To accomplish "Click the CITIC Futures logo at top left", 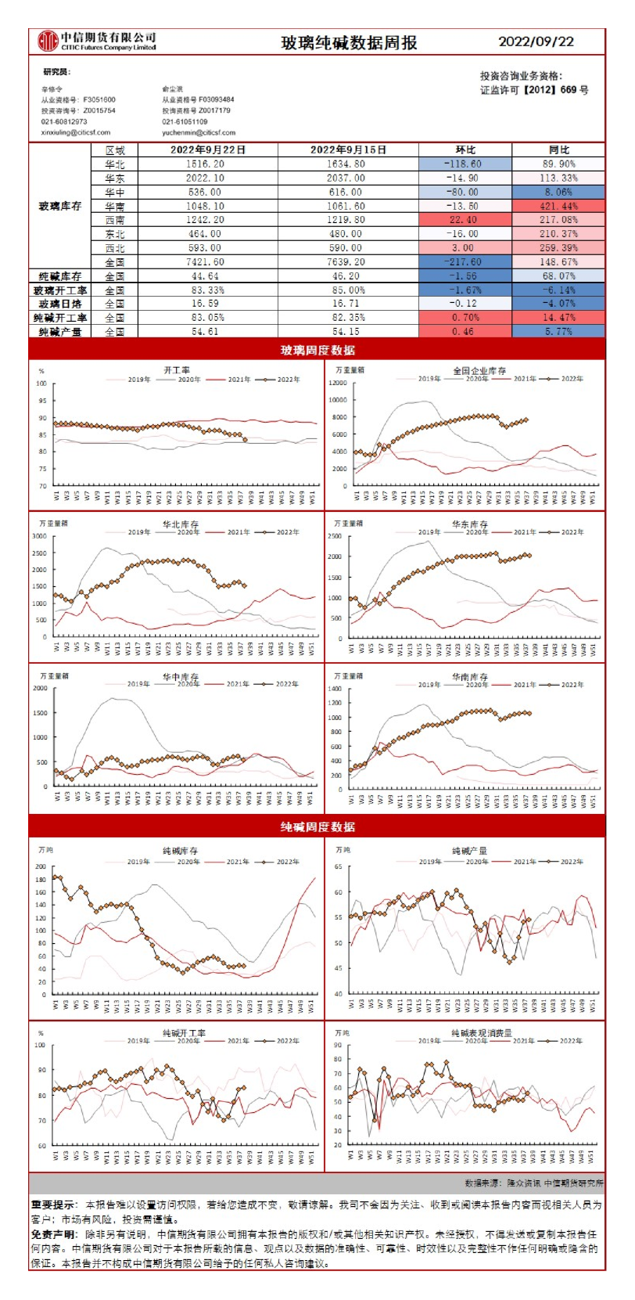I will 48,41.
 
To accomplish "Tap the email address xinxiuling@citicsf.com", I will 76,133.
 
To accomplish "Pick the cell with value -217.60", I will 465,262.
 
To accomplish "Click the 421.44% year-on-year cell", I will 558,206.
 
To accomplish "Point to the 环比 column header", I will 465,149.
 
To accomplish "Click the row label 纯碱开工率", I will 60,318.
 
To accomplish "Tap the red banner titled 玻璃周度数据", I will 317,350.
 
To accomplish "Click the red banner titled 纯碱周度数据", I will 317,826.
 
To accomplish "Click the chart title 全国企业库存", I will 479,371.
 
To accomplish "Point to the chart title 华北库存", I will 181,524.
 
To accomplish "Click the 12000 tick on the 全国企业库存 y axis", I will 338,384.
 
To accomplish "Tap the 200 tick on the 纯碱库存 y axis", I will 41,867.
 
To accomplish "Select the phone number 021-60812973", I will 64,122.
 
